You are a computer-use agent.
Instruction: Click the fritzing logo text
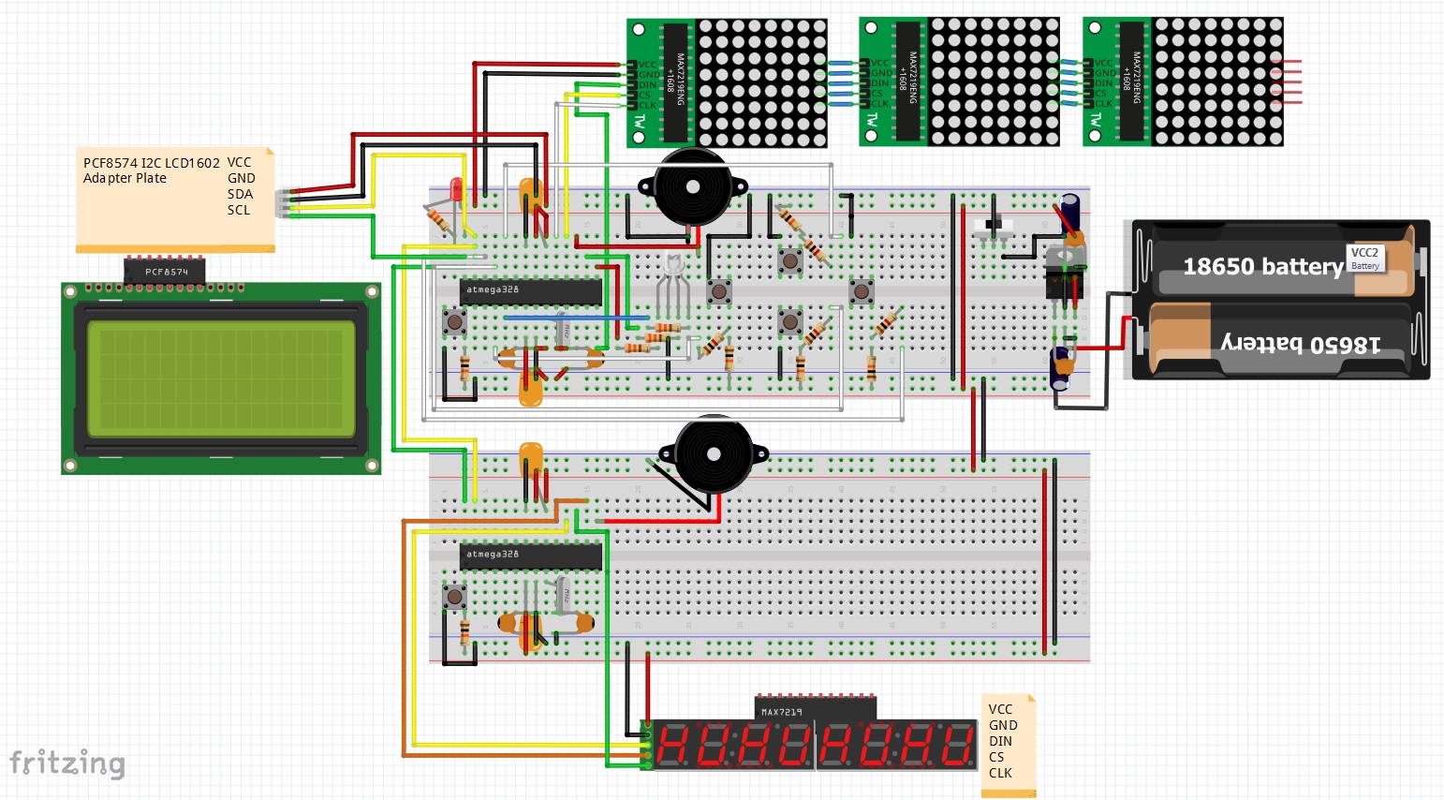[66, 763]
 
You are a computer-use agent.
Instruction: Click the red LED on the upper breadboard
[456, 188]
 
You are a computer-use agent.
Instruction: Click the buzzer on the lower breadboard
[714, 454]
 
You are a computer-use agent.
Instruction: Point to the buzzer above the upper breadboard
[693, 187]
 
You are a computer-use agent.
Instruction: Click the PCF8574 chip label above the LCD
[166, 272]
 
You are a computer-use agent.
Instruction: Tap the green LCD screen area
[221, 378]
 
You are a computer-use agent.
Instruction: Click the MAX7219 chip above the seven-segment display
[815, 710]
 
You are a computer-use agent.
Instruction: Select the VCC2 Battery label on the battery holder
[1364, 258]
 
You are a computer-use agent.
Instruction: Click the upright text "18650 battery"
[1262, 267]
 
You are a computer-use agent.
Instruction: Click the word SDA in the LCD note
[240, 194]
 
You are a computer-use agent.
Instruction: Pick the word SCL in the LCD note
[239, 210]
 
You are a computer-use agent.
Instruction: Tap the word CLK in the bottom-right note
[1000, 773]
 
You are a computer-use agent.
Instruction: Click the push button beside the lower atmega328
[455, 596]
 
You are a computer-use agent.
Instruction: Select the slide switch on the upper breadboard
[994, 225]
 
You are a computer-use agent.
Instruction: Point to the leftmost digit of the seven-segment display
[672, 747]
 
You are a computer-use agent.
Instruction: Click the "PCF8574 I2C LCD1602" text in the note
[152, 162]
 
